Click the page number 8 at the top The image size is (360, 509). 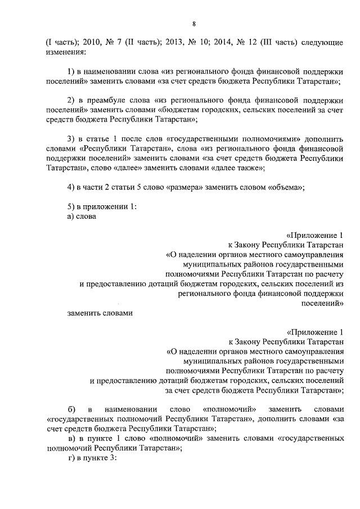[x=193, y=24]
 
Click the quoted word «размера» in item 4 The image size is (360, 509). [x=186, y=187]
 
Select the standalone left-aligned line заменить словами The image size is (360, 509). [x=99, y=313]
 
